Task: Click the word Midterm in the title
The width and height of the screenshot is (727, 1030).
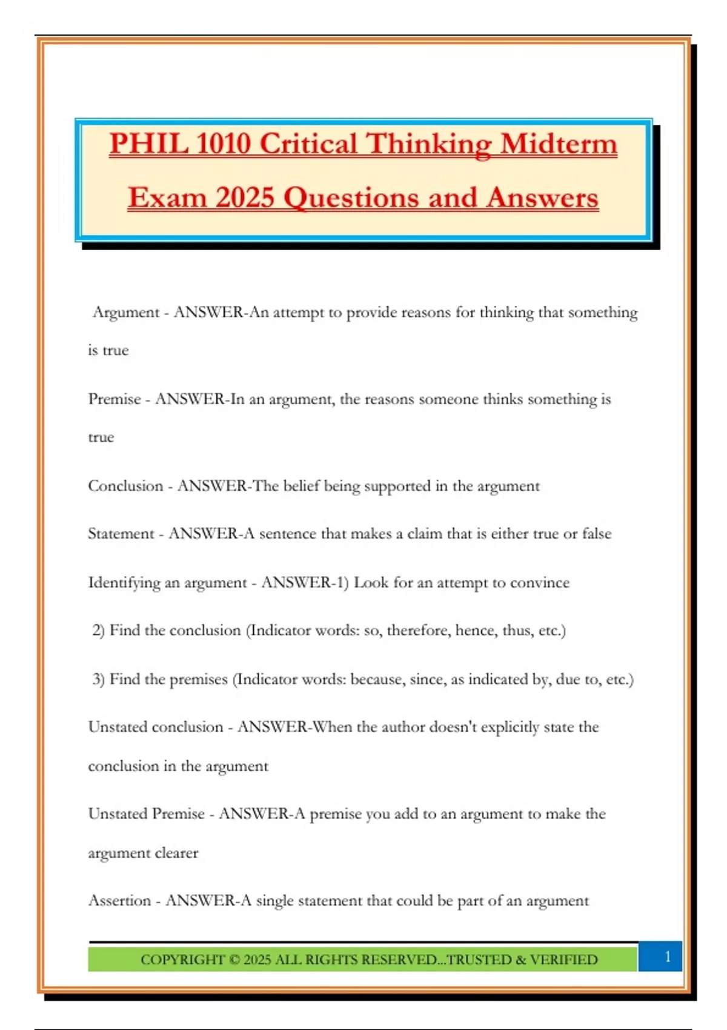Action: [x=559, y=145]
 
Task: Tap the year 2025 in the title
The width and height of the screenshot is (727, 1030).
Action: [x=244, y=198]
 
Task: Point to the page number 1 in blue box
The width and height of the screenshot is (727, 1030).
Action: [x=667, y=956]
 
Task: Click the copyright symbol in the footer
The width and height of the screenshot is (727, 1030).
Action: [x=234, y=960]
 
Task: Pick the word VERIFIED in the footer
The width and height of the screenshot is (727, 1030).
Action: [x=564, y=960]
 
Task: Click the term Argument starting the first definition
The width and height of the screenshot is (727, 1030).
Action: [x=126, y=313]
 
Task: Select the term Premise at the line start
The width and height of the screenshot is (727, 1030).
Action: [x=115, y=399]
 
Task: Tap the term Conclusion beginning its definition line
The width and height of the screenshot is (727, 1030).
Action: [x=126, y=486]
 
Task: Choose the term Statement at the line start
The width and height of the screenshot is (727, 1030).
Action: [x=121, y=534]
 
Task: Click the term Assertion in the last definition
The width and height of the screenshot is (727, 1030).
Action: [x=120, y=901]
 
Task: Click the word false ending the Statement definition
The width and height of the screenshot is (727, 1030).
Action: [x=597, y=534]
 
